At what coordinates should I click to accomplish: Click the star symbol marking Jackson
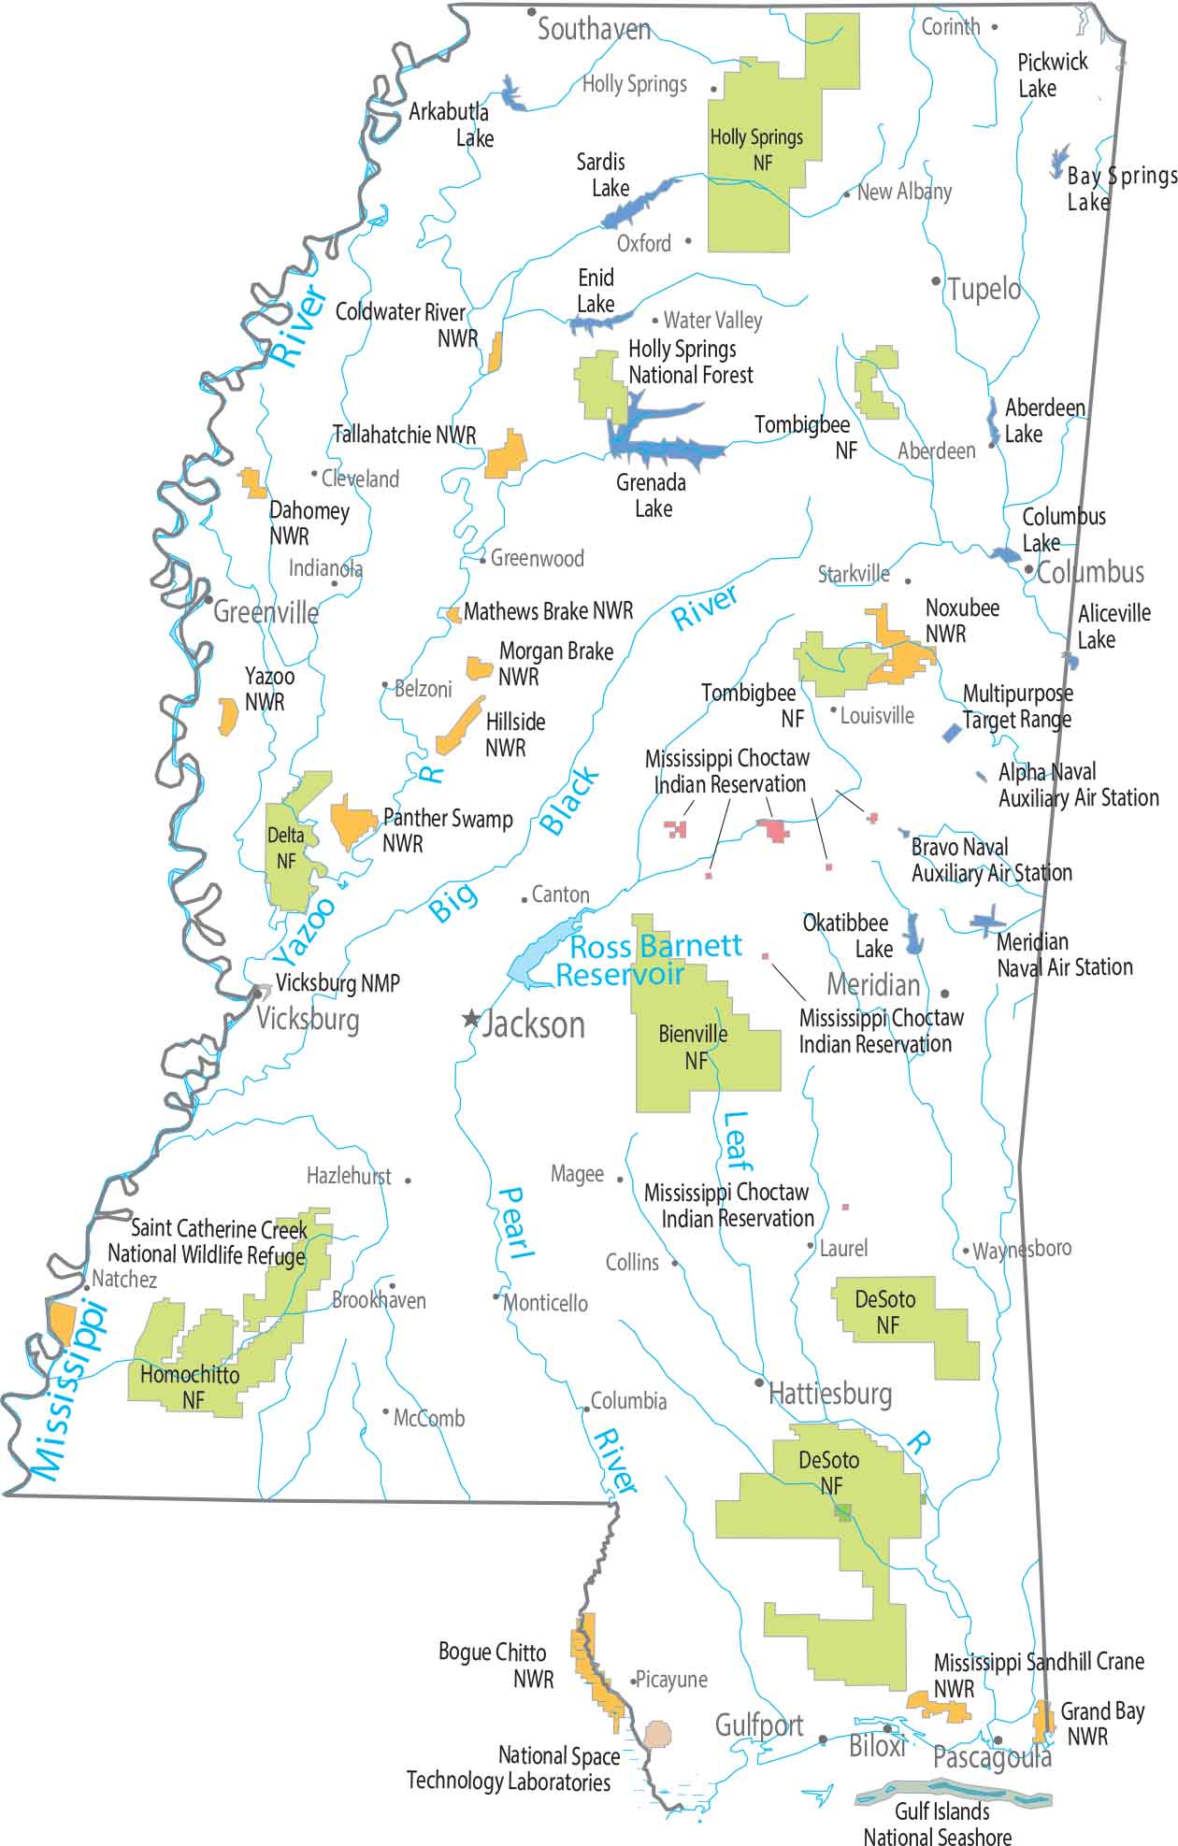471,1019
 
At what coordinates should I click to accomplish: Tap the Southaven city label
594,30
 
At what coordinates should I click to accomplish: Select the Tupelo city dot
936,280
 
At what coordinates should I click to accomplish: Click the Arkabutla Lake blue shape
510,93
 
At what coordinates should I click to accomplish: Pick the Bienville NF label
694,1047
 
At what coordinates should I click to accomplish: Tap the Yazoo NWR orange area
227,716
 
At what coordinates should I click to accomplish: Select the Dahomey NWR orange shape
251,483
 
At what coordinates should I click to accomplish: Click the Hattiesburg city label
830,1395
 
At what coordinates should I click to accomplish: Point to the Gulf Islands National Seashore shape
954,1796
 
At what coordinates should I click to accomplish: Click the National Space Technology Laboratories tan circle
658,1735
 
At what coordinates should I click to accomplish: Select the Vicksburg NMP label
338,983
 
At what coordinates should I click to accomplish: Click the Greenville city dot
208,599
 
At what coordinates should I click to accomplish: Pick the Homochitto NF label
190,1387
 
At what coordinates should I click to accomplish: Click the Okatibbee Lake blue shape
913,933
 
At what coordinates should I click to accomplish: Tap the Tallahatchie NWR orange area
507,456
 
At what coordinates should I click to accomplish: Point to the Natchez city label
124,1280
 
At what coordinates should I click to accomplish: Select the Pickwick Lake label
1052,75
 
